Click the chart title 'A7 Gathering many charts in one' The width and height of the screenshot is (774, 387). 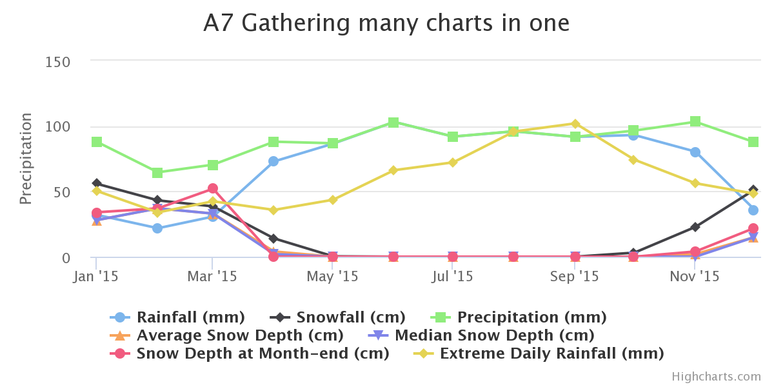pyautogui.click(x=386, y=24)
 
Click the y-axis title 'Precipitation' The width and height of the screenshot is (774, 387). pyautogui.click(x=26, y=159)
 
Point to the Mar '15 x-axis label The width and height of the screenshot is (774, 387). pyautogui.click(x=212, y=277)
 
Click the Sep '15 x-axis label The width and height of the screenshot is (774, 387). pyautogui.click(x=575, y=277)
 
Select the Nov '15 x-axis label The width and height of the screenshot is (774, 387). pyautogui.click(x=695, y=277)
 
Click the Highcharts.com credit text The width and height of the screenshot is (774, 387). pyautogui.click(x=716, y=377)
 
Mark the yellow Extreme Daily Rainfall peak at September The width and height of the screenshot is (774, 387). pyautogui.click(x=575, y=124)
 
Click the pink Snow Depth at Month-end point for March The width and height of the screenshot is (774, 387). pyautogui.click(x=212, y=189)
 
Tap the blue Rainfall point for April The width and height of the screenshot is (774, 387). pyautogui.click(x=273, y=161)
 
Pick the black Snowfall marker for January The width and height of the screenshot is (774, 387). pyautogui.click(x=97, y=184)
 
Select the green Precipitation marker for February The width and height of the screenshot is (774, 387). pyautogui.click(x=157, y=173)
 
